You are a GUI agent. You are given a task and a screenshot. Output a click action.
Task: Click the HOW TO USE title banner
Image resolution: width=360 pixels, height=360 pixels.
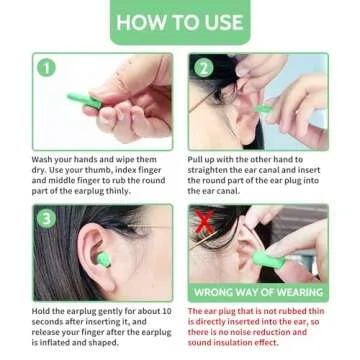tap(179, 21)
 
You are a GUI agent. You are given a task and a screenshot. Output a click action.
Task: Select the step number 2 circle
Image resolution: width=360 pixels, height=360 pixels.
tap(203, 69)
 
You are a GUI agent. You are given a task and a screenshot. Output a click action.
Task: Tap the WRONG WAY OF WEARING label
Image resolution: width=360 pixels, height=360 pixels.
tap(258, 292)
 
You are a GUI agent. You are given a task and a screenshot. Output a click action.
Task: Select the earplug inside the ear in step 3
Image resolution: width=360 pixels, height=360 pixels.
tap(97, 259)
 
